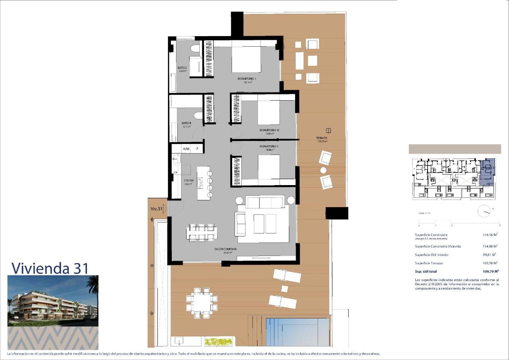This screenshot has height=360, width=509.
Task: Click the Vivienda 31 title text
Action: coord(50,268)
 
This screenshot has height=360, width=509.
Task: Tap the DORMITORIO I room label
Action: coord(247,79)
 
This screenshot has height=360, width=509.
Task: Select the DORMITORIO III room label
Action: coord(269,130)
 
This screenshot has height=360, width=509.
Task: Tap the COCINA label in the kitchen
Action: coord(189,180)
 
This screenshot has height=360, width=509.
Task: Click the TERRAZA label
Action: coord(322,138)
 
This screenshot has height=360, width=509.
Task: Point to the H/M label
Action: coord(186,149)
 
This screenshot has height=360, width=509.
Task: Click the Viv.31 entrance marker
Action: coord(157,209)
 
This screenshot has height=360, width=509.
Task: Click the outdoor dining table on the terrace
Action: coord(201,302)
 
